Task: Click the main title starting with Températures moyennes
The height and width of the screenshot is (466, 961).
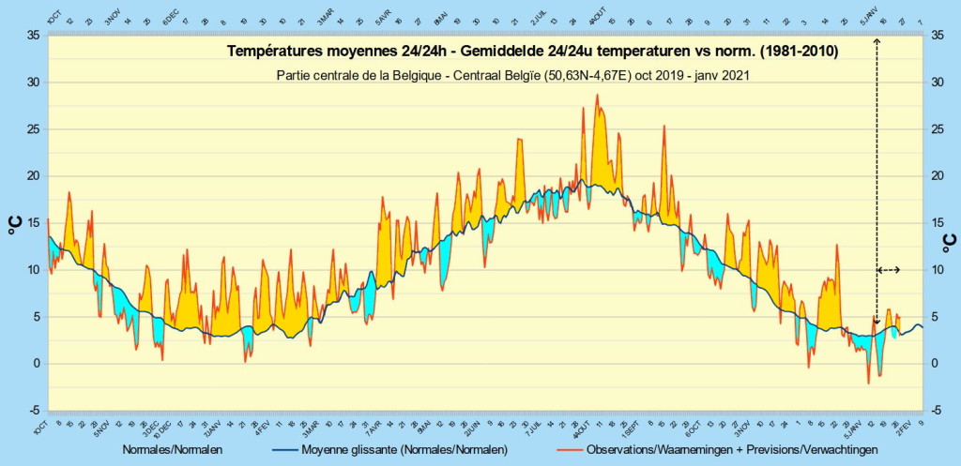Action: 532,53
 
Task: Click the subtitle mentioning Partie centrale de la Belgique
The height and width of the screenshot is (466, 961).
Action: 512,75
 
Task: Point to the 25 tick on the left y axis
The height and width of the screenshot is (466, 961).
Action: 32,129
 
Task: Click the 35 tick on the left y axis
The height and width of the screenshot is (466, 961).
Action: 32,36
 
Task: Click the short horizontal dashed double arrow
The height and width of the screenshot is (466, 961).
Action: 889,270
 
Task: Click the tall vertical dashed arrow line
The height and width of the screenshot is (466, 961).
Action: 877,178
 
